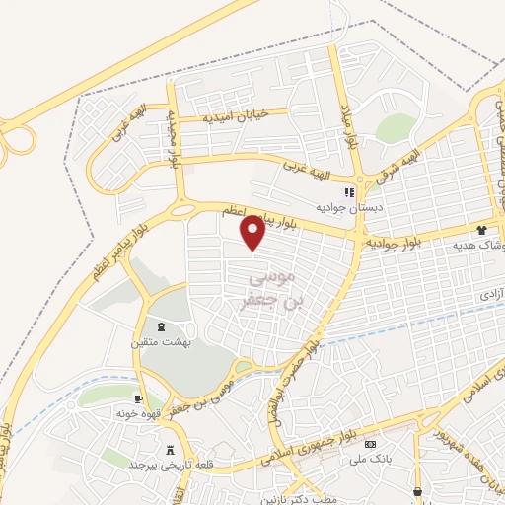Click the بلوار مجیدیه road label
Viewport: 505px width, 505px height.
(174, 138)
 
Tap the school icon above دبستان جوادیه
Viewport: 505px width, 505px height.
(346, 191)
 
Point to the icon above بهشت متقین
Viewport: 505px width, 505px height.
(160, 326)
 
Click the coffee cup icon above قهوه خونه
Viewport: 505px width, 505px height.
(137, 398)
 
